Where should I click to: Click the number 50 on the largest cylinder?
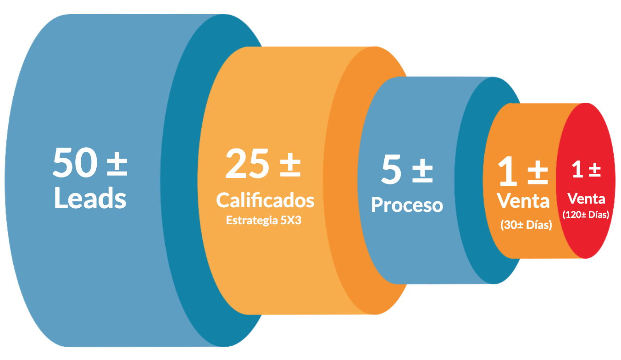pos(75,162)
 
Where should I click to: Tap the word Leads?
pos(90,198)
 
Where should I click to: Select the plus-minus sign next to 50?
pos(117,164)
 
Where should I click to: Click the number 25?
pos(247,164)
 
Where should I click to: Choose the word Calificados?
pos(265,200)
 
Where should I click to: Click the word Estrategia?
pos(252,221)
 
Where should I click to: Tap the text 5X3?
pos(291,220)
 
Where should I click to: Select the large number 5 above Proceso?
pos(391,169)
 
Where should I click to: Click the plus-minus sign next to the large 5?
pos(422,171)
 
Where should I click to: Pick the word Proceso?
pos(407,205)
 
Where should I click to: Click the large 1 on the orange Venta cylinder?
pos(508,171)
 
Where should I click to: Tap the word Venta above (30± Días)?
pos(523,200)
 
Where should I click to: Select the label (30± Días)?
pos(526,225)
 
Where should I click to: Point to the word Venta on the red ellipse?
pos(586,199)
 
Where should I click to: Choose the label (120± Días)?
pos(586,215)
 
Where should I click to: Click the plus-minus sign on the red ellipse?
pos(595,170)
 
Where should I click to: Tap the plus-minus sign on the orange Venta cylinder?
pos(538,172)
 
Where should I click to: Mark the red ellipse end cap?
pos(586,180)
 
